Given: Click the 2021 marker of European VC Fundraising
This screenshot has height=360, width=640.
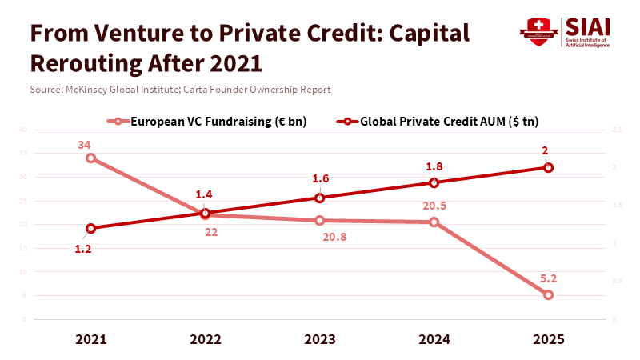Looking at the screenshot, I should [x=91, y=158].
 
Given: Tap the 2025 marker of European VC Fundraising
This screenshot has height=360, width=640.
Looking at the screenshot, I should [x=548, y=294].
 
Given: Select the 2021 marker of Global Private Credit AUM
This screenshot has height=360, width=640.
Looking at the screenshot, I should [x=91, y=228].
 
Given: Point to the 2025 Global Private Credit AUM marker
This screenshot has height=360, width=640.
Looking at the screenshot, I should [x=548, y=167].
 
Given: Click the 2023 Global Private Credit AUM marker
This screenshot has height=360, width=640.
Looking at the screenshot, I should [x=320, y=198].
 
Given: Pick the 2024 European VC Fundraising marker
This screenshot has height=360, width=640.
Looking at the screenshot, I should [x=434, y=222].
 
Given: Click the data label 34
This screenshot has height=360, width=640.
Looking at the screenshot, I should [x=85, y=145].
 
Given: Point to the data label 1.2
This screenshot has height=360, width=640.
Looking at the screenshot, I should [x=83, y=249].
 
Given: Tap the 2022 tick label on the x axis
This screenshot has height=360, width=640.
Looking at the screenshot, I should [x=206, y=339].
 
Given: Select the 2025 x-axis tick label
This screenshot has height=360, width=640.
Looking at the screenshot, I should [x=548, y=339].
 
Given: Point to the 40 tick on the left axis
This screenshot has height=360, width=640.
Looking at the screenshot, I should [x=23, y=130].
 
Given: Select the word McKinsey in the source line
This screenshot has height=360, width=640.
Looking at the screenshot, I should [x=86, y=90].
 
